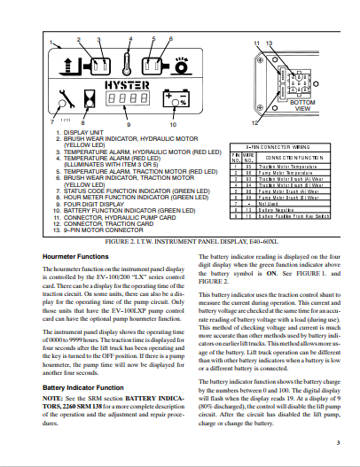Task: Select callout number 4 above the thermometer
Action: [131, 40]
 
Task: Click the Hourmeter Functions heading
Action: [75, 255]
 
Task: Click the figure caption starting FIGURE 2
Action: [180, 240]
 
